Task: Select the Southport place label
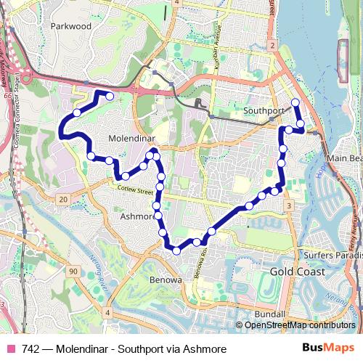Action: (x=264, y=111)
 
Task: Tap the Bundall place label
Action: (x=270, y=314)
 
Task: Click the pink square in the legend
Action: (x=9, y=348)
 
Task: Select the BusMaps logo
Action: (x=327, y=348)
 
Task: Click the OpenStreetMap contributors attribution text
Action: (x=300, y=326)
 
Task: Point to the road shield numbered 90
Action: (x=73, y=271)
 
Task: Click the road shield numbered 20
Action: (x=63, y=199)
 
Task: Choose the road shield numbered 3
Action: (x=289, y=206)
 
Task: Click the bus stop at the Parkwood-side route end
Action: (x=110, y=96)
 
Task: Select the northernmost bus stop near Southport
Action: (x=295, y=102)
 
